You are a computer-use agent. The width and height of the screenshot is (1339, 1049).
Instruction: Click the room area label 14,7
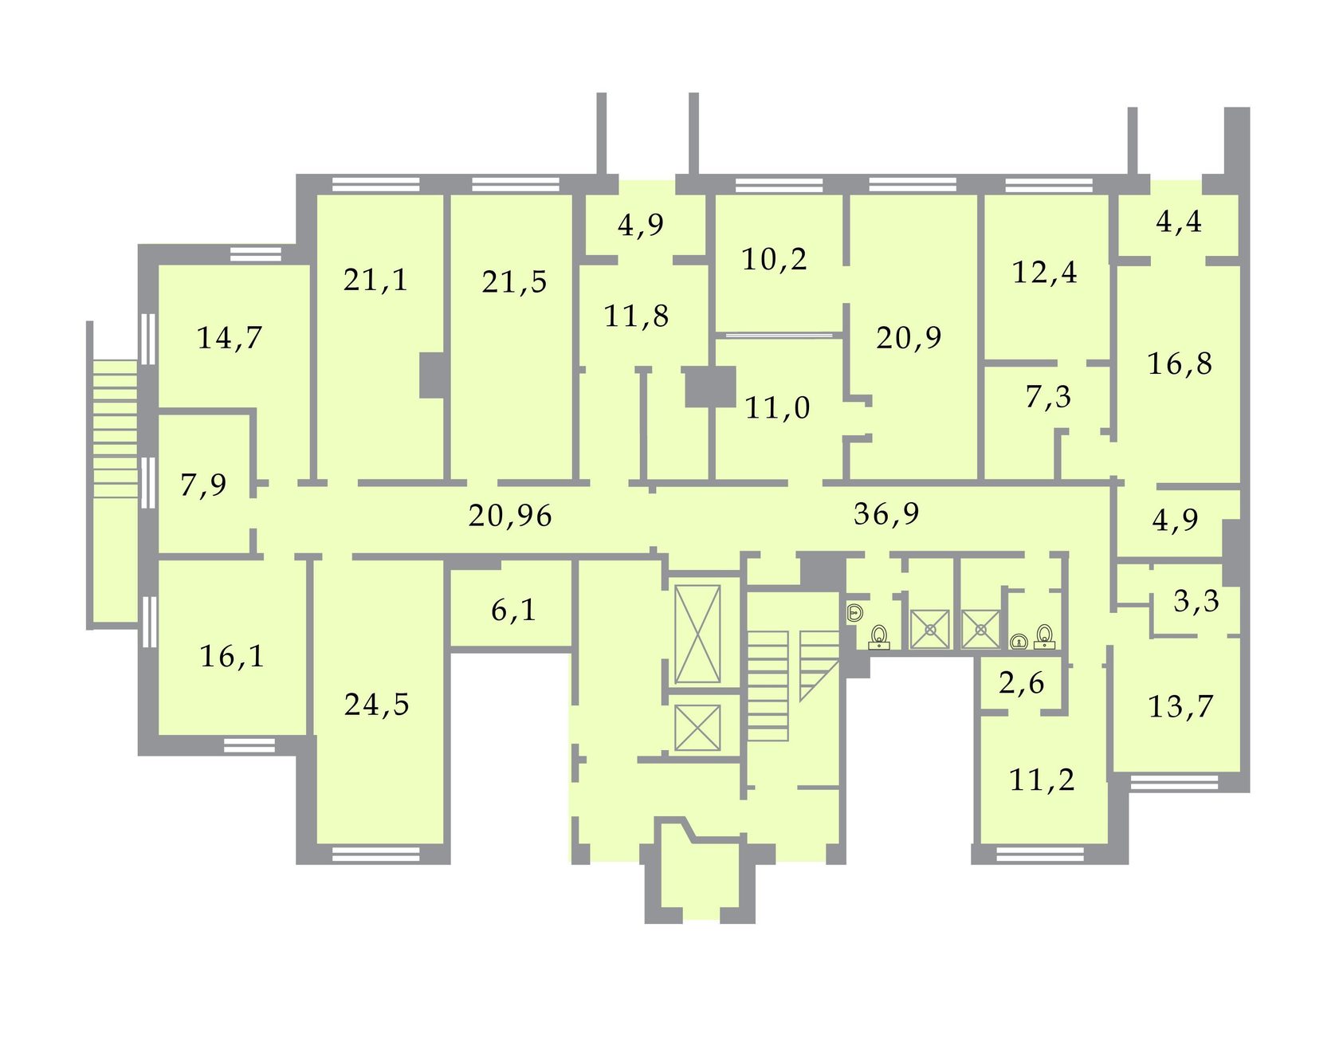(x=230, y=338)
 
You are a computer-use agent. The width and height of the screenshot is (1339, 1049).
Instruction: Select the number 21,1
(x=375, y=280)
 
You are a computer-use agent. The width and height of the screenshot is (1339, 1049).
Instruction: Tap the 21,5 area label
(x=514, y=282)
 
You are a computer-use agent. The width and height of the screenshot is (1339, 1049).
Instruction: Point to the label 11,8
(x=636, y=316)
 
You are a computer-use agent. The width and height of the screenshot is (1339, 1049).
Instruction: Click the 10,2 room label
(x=775, y=259)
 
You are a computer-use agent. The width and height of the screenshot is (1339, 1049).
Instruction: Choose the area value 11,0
(x=777, y=408)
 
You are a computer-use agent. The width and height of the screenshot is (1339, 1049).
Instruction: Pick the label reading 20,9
(x=909, y=338)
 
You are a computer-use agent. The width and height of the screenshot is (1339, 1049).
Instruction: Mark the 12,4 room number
(x=1044, y=273)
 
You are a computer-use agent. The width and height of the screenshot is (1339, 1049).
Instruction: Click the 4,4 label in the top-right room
(x=1179, y=222)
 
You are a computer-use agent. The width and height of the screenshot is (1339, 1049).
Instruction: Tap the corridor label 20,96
(x=510, y=516)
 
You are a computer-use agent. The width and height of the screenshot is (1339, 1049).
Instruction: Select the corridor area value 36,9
(x=886, y=513)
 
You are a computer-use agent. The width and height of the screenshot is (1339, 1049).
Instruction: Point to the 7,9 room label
(x=203, y=485)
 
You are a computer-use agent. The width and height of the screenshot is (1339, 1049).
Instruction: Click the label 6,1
(x=513, y=611)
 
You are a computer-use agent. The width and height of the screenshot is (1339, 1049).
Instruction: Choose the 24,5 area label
(x=377, y=705)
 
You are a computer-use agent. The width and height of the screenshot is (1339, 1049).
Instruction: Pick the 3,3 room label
(x=1196, y=601)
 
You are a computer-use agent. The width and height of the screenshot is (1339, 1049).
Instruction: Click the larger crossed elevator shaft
(x=697, y=635)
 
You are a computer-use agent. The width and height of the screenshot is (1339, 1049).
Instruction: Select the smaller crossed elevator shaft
(x=697, y=728)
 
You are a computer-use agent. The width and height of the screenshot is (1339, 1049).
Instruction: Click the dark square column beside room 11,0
(x=710, y=387)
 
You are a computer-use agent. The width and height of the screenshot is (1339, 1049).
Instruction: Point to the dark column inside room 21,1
(x=432, y=375)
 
